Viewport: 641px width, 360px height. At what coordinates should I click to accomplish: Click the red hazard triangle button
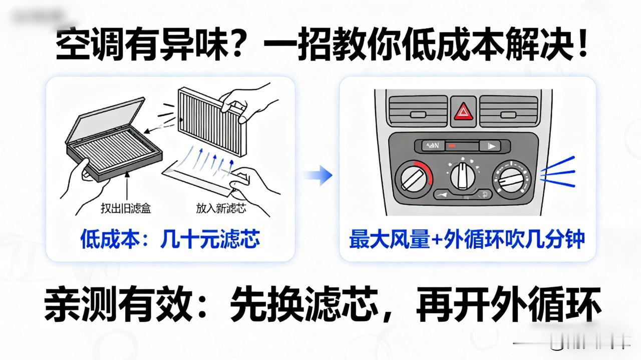463,111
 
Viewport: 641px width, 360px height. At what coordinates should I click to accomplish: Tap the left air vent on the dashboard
418,111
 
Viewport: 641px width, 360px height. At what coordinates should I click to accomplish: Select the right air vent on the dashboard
509,111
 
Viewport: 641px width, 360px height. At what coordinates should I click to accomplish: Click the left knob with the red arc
413,178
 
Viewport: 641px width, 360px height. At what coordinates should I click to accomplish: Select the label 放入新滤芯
221,208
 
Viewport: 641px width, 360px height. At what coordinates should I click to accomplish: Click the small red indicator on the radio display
452,146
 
